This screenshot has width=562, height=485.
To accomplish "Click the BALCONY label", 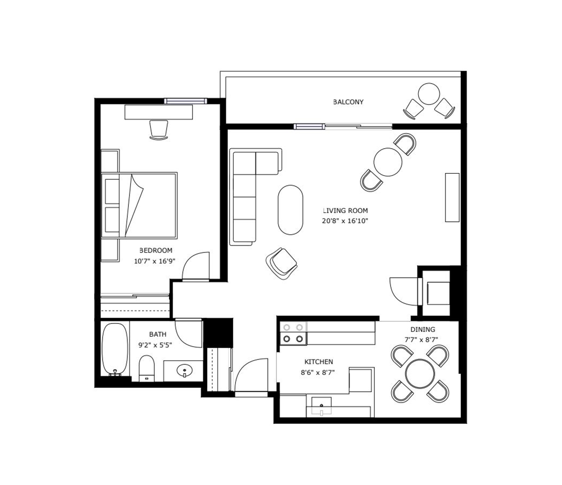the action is pyautogui.click(x=348, y=102).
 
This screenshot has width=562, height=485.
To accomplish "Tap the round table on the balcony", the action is pyautogui.click(x=429, y=94).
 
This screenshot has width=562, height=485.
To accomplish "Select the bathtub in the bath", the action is pyautogui.click(x=115, y=350).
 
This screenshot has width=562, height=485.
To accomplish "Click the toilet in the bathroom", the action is pyautogui.click(x=147, y=368).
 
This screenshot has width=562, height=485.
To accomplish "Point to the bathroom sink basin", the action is pyautogui.click(x=184, y=370).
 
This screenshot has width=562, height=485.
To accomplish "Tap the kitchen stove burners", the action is pyautogui.click(x=293, y=333).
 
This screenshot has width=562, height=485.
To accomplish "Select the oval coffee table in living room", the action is pyautogui.click(x=291, y=210).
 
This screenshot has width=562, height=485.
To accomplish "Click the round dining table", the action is pyautogui.click(x=420, y=374).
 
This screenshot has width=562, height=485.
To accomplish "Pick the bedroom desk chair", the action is pyautogui.click(x=159, y=130).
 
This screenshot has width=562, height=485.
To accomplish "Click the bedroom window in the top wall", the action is pyautogui.click(x=186, y=101).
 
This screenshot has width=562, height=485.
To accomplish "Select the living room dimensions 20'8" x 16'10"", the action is pyautogui.click(x=345, y=221).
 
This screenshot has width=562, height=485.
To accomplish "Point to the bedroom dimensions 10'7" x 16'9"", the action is pyautogui.click(x=154, y=261).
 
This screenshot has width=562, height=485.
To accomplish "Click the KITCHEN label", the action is pyautogui.click(x=319, y=361).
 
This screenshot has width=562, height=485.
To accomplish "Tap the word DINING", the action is pyautogui.click(x=423, y=329).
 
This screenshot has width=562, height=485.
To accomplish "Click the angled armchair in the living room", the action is pyautogui.click(x=282, y=263).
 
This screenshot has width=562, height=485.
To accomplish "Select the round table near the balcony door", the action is pyautogui.click(x=388, y=162).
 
